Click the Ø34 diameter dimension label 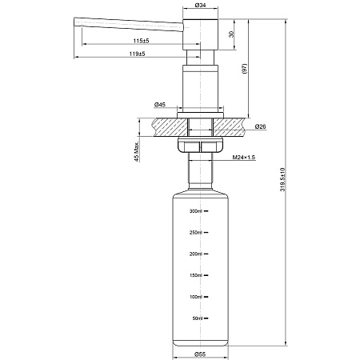[x=200, y=6]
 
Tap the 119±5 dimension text [x=141, y=55]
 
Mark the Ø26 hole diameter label [x=261, y=127]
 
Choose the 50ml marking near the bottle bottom [x=197, y=318]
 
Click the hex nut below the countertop [x=199, y=147]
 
